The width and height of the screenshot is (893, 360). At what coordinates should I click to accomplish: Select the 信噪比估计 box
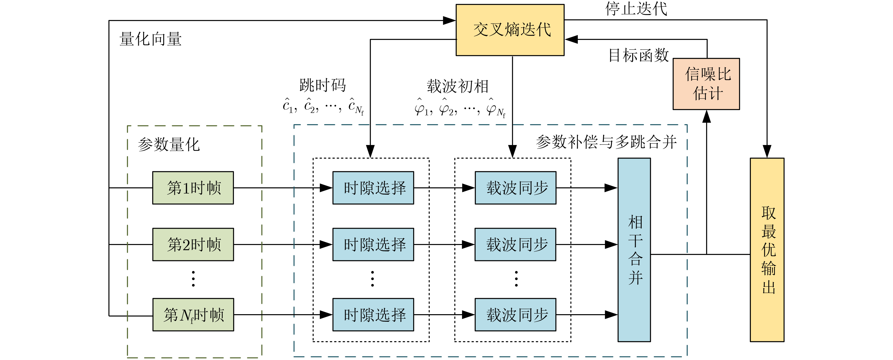point(706,84)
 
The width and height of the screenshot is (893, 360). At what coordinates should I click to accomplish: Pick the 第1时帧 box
point(193,188)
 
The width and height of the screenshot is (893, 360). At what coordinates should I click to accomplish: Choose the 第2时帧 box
point(193,244)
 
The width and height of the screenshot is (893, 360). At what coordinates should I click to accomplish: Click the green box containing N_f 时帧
point(193,315)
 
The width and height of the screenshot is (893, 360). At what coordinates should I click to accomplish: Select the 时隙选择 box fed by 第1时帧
point(373,188)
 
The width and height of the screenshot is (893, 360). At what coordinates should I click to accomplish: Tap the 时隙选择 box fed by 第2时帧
point(373,244)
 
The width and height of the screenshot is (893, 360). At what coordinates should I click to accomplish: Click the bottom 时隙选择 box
point(373,315)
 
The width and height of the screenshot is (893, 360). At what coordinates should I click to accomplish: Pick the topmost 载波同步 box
point(515,188)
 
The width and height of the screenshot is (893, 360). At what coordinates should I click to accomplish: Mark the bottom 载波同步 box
point(515,315)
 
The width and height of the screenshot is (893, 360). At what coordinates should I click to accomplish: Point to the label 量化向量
point(150,39)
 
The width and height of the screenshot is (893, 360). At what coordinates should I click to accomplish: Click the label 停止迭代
point(636,9)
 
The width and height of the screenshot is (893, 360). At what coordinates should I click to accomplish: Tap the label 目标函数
point(639,55)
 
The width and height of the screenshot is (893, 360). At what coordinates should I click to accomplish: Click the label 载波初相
point(458,86)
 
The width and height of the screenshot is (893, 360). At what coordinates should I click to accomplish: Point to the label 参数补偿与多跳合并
point(606,142)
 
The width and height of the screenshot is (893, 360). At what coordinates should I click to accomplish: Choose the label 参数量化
point(169,145)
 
